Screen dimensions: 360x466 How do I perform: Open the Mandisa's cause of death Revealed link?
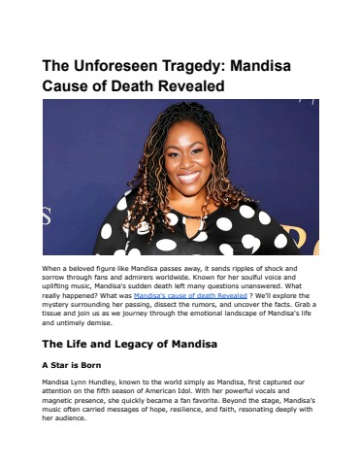[183, 292]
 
